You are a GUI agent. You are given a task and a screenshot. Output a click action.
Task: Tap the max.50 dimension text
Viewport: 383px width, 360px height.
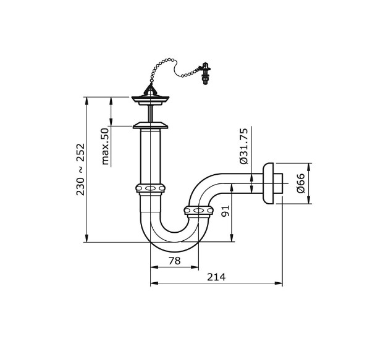(105, 146)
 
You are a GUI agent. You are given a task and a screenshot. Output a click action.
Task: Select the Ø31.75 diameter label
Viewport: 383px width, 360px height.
(243, 146)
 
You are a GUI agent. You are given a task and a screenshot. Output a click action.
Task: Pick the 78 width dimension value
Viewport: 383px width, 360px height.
(174, 261)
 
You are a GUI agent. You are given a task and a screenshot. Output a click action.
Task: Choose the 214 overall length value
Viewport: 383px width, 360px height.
(216, 277)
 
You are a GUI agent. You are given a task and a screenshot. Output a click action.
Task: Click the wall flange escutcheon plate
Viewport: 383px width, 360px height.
(269, 183)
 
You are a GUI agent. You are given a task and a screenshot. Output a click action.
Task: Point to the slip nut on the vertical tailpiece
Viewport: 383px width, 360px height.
(150, 188)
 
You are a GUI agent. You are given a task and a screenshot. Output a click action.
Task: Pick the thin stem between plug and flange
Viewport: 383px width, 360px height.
(150, 114)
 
